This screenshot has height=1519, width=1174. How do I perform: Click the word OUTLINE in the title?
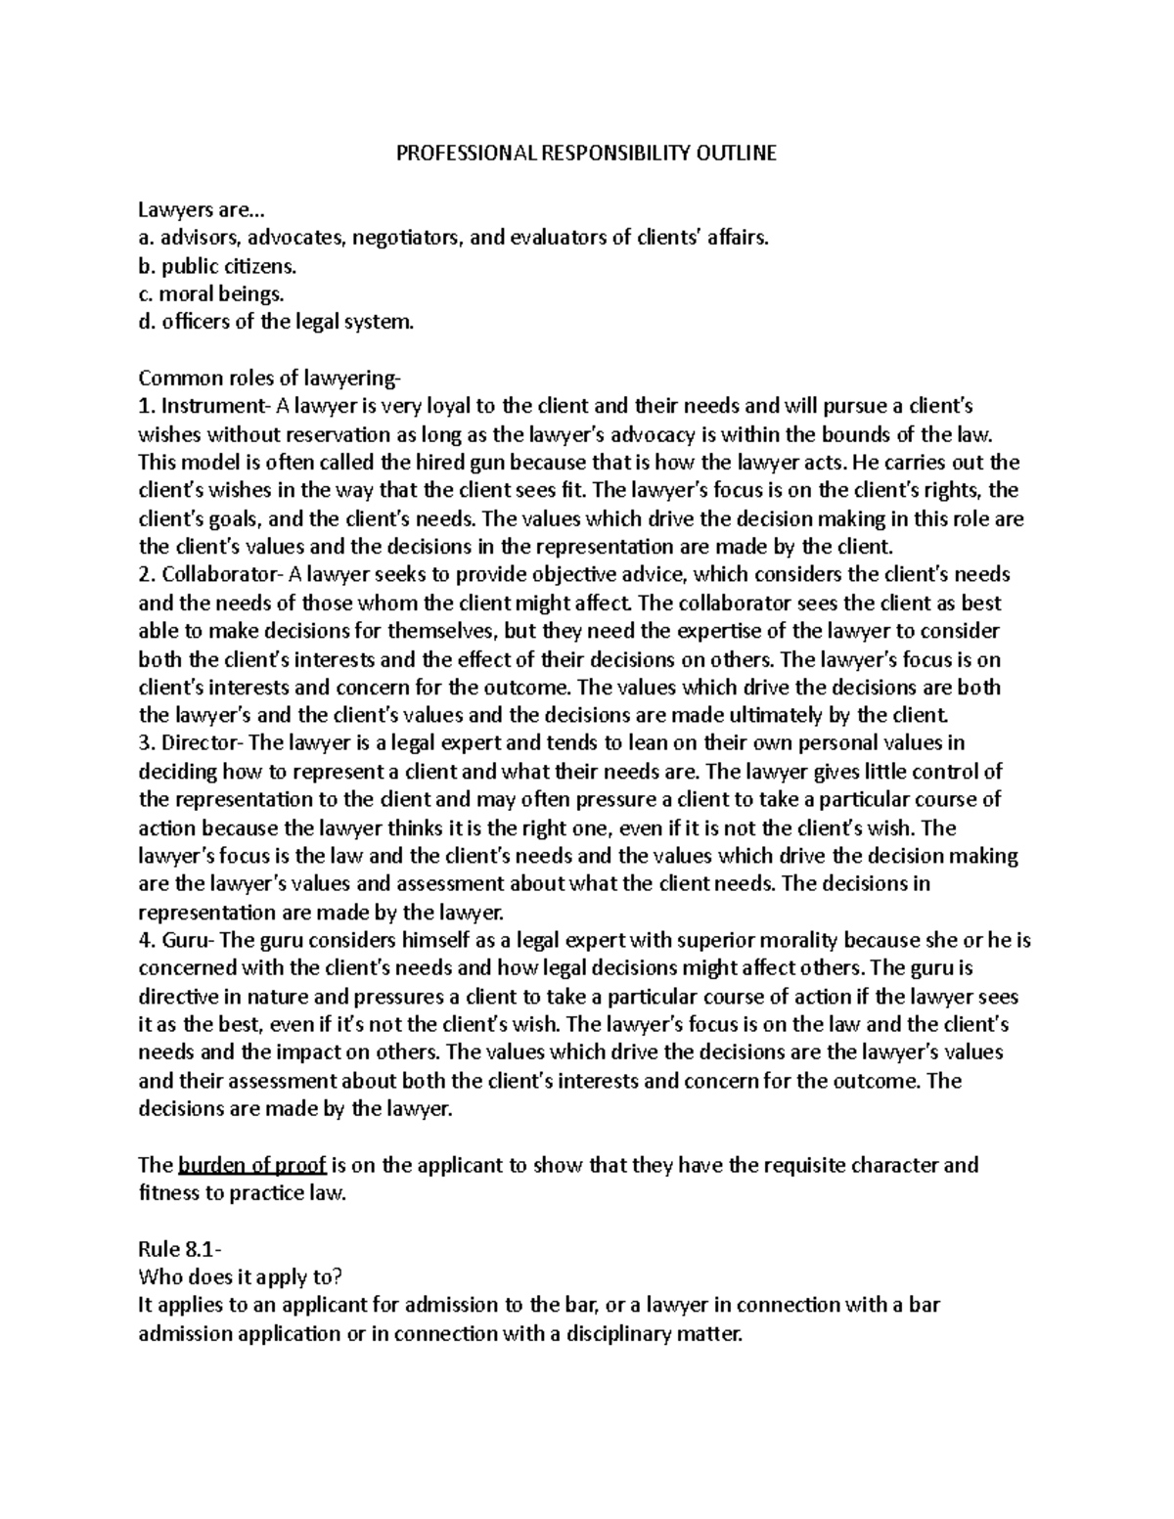click(737, 154)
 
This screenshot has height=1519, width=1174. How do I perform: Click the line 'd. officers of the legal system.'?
click(277, 321)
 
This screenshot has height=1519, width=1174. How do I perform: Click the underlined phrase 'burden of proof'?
click(252, 1166)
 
